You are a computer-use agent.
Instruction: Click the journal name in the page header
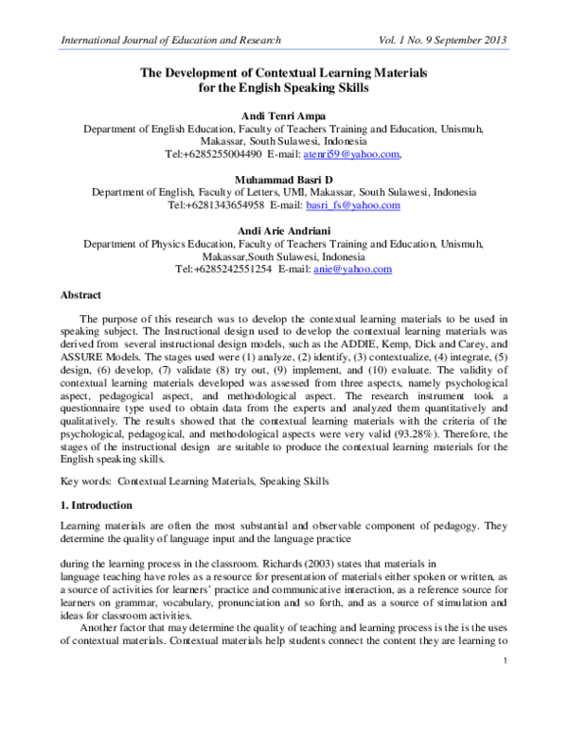click(169, 41)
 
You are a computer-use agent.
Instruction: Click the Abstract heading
click(80, 295)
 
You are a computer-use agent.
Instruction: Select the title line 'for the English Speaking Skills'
click(283, 87)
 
